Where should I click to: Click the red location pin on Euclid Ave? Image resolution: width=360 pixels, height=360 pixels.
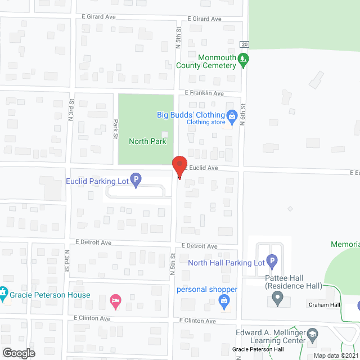tap(179, 165)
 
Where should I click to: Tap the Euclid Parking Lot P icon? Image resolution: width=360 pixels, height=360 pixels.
tap(135, 181)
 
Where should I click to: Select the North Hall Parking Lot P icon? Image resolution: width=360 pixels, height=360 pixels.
tap(272, 262)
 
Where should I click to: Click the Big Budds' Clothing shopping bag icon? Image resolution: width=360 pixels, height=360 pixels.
tap(231, 115)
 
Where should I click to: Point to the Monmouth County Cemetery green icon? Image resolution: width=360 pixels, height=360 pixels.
tap(243, 59)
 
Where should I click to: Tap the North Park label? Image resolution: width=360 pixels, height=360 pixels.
tap(147, 141)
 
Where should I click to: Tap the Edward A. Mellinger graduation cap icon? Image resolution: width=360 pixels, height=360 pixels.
tap(310, 339)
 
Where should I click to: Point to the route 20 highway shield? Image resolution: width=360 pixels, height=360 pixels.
tap(244, 44)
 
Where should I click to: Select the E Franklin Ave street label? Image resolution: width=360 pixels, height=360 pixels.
tap(204, 93)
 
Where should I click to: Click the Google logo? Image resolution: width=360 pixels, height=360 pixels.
tap(19, 353)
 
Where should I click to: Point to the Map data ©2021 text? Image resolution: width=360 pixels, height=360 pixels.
tap(335, 355)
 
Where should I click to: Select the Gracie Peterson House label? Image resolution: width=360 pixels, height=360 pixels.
tap(49, 295)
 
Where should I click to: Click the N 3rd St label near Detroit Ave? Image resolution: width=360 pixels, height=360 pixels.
tap(66, 260)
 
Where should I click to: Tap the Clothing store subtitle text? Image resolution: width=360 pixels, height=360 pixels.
tap(206, 122)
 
